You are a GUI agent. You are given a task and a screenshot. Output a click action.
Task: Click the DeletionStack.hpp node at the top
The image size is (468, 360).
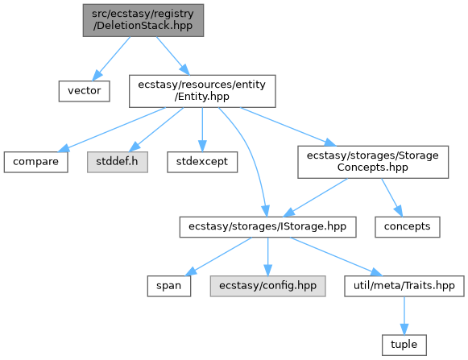pyautogui.click(x=143, y=20)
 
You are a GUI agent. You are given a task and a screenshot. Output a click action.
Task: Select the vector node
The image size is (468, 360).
pyautogui.click(x=84, y=91)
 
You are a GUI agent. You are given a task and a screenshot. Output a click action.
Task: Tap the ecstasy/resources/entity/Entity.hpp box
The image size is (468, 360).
pyautogui.click(x=202, y=91)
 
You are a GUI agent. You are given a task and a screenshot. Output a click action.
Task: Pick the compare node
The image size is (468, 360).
pyautogui.click(x=35, y=162)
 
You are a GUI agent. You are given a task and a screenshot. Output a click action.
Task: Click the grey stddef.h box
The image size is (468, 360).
pyautogui.click(x=118, y=162)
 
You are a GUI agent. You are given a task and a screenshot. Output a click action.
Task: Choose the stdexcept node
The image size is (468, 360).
pyautogui.click(x=202, y=162)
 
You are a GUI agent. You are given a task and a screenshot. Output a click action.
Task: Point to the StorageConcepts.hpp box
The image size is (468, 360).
pyautogui.click(x=373, y=162)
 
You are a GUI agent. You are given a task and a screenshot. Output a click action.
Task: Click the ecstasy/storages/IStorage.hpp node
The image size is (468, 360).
pyautogui.click(x=267, y=227)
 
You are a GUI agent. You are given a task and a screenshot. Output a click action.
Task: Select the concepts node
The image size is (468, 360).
pyautogui.click(x=408, y=227)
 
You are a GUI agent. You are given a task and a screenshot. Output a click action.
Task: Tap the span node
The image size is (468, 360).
pyautogui.click(x=169, y=286)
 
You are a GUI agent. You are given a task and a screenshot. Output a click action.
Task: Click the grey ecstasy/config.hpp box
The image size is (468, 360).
pyautogui.click(x=267, y=286)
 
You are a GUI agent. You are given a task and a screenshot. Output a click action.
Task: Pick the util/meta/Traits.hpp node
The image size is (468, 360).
pyautogui.click(x=404, y=286)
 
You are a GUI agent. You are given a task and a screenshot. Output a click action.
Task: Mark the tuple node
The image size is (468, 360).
pyautogui.click(x=404, y=345)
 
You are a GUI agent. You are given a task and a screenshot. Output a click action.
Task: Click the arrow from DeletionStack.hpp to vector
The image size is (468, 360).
pyautogui.click(x=111, y=59)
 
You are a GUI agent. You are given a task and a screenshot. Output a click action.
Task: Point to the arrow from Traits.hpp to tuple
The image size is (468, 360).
pyautogui.click(x=404, y=316)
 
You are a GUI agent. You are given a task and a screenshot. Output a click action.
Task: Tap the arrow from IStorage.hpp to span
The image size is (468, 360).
pyautogui.click(x=219, y=256)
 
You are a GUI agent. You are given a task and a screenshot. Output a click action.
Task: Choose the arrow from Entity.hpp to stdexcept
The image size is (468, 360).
pyautogui.click(x=202, y=130)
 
